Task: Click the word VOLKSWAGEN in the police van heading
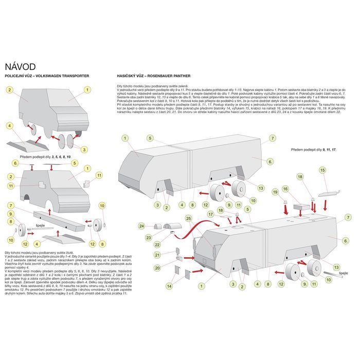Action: point(55,76)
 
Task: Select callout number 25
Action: point(188,219)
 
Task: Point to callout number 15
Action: point(322,170)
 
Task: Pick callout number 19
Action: point(275,191)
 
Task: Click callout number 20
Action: point(157,267)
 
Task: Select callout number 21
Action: point(158,255)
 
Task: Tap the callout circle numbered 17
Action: point(210,213)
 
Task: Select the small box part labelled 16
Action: point(300,204)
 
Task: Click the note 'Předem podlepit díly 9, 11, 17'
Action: point(313,149)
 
